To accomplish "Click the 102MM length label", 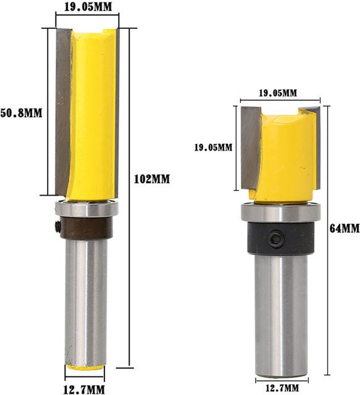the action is pos(152,179).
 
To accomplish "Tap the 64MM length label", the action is pos(345,228).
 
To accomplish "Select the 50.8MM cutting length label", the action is pos(21,113).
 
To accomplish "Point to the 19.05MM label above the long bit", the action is pos(88,7).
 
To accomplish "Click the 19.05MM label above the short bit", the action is pos(278,93).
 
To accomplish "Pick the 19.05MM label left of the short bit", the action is pos(213,147).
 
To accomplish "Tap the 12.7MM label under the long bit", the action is pos(84,389).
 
